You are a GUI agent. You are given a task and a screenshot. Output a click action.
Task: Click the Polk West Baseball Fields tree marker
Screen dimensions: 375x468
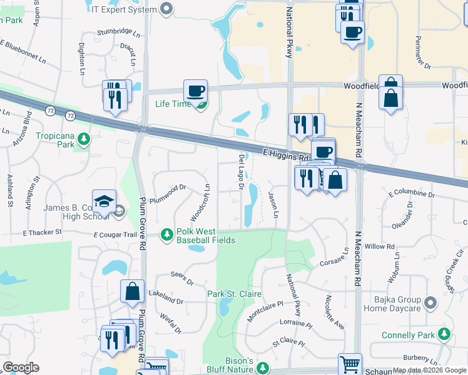tap(167, 234)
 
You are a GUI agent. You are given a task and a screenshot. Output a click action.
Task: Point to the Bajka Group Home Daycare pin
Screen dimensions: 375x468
tap(429, 304)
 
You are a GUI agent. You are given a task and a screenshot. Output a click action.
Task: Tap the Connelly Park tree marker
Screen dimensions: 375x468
tap(444, 335)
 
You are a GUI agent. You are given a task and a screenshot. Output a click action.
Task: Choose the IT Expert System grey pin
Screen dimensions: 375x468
tap(166, 9)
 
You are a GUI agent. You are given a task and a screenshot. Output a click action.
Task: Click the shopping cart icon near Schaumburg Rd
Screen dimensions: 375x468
tap(350, 364)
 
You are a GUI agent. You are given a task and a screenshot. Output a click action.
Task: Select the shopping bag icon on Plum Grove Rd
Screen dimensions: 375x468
tap(132, 291)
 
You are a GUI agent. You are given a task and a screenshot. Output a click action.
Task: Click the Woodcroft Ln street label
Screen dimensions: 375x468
tap(200, 201)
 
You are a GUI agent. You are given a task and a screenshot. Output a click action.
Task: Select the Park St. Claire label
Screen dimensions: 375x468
tap(235, 294)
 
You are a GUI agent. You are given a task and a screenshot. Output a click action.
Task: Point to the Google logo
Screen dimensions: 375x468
tap(21, 367)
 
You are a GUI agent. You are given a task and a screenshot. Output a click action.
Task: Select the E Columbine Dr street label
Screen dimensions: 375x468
tap(411, 194)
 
